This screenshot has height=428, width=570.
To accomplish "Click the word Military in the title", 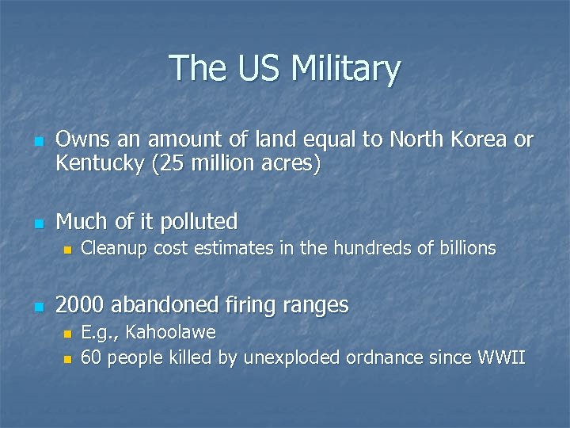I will click(x=345, y=68).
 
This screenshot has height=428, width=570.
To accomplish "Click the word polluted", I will click(x=199, y=221).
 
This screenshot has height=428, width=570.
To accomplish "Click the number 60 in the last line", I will click(x=91, y=357).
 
